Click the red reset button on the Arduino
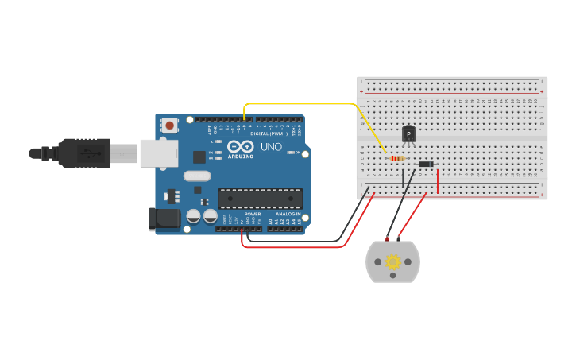point(169,125)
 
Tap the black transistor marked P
point(408,134)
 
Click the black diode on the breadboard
point(426,165)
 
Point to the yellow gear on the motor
point(392,261)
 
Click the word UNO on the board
point(272,147)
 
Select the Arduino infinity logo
point(240,146)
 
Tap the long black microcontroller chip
point(260,199)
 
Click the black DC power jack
point(164,219)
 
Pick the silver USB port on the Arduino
point(159,153)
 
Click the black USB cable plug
point(83,153)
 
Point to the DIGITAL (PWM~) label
point(269,134)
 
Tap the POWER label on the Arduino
point(253,214)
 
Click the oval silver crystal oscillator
point(196,176)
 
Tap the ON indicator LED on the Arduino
point(291,153)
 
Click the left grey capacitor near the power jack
point(193,216)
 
